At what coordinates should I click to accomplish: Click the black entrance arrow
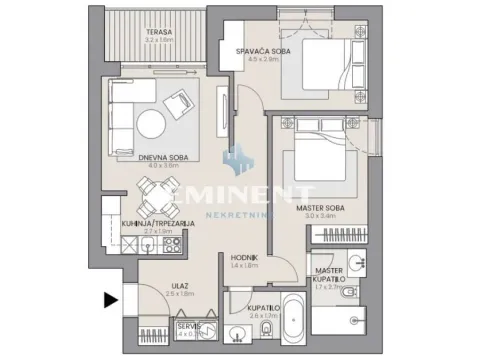tap(110, 297)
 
